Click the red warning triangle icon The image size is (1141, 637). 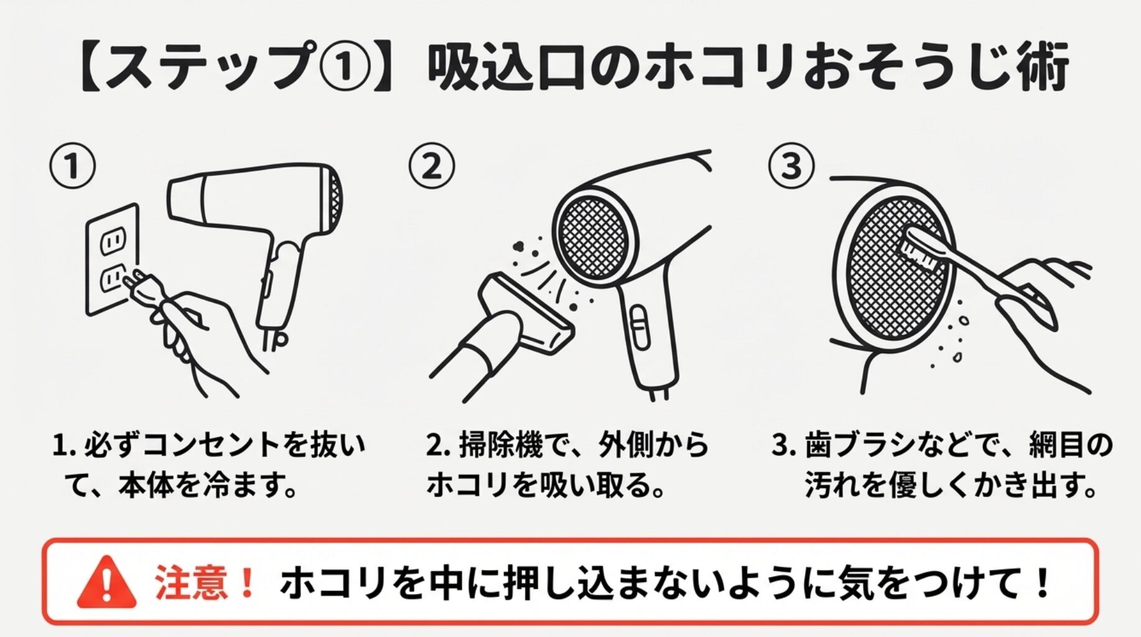[x=107, y=584]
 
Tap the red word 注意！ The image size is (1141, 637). [x=204, y=583]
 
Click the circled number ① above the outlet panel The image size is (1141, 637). [x=73, y=167]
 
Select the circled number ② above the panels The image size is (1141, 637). [x=431, y=167]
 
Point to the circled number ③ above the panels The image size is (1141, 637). [x=791, y=166]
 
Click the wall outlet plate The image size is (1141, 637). [x=112, y=258]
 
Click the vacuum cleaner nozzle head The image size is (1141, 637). [x=526, y=314]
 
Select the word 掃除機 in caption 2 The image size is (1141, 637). [x=500, y=445]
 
